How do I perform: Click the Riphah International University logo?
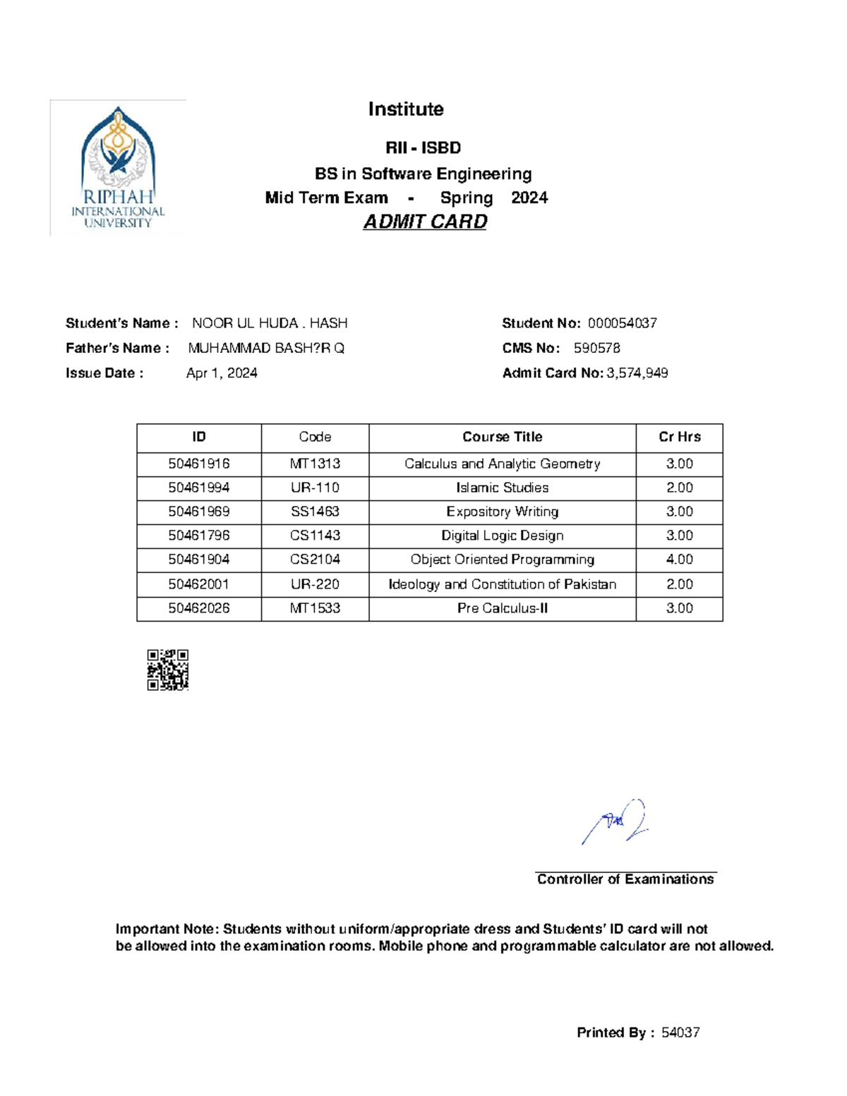coord(118,168)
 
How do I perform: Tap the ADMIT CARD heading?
coord(425,222)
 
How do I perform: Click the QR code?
coord(167,670)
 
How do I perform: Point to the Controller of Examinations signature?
coord(615,822)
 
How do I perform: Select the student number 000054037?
coord(622,323)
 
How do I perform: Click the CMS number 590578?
coord(596,348)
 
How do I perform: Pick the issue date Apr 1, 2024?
coord(222,373)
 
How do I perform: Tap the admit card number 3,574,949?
coord(637,373)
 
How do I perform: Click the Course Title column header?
coord(502,437)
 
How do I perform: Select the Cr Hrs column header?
coord(679,437)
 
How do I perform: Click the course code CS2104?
coord(315,560)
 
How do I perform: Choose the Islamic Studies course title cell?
coord(502,488)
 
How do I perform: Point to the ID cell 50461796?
coord(199,536)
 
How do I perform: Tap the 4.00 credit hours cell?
coord(679,560)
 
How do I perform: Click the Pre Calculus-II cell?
coord(502,608)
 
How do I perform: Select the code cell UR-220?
coord(315,584)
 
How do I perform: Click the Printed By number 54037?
coord(680,1032)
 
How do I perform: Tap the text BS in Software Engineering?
coord(423,174)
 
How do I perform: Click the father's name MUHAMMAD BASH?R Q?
coord(266,348)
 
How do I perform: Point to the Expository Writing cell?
coord(502,512)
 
